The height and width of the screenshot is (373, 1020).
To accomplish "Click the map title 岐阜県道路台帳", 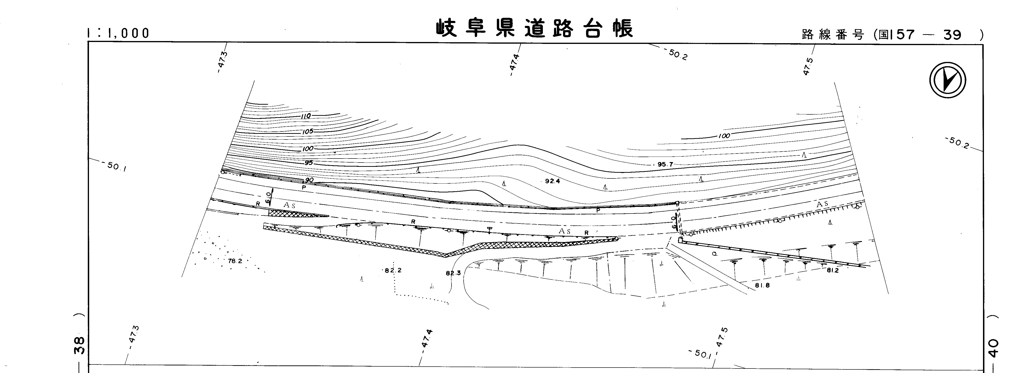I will click(x=535, y=28).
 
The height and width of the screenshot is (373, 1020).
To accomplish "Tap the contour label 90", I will click(x=309, y=180).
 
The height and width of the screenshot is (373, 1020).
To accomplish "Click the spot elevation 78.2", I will click(x=235, y=261).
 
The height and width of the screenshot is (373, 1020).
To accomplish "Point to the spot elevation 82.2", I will click(x=394, y=270).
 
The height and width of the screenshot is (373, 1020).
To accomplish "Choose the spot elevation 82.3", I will click(x=453, y=273).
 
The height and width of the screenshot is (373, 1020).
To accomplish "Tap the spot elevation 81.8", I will click(x=762, y=285).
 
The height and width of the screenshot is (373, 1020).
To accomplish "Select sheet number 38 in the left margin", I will click(x=79, y=345).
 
